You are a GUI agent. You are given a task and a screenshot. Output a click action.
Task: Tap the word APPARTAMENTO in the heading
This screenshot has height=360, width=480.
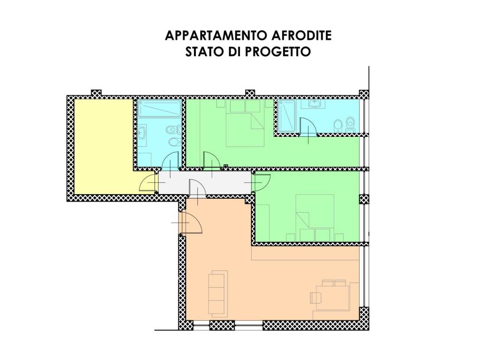(x=217, y=36)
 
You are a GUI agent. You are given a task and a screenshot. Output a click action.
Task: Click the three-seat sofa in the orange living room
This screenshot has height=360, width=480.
(x=217, y=292)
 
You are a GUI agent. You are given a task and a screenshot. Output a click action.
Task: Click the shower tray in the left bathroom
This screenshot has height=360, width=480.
(x=159, y=109)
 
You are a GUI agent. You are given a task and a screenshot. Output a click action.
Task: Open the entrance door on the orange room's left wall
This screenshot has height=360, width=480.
(x=191, y=222)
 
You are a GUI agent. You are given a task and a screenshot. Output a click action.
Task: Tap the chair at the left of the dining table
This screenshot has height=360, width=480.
(x=315, y=297)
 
